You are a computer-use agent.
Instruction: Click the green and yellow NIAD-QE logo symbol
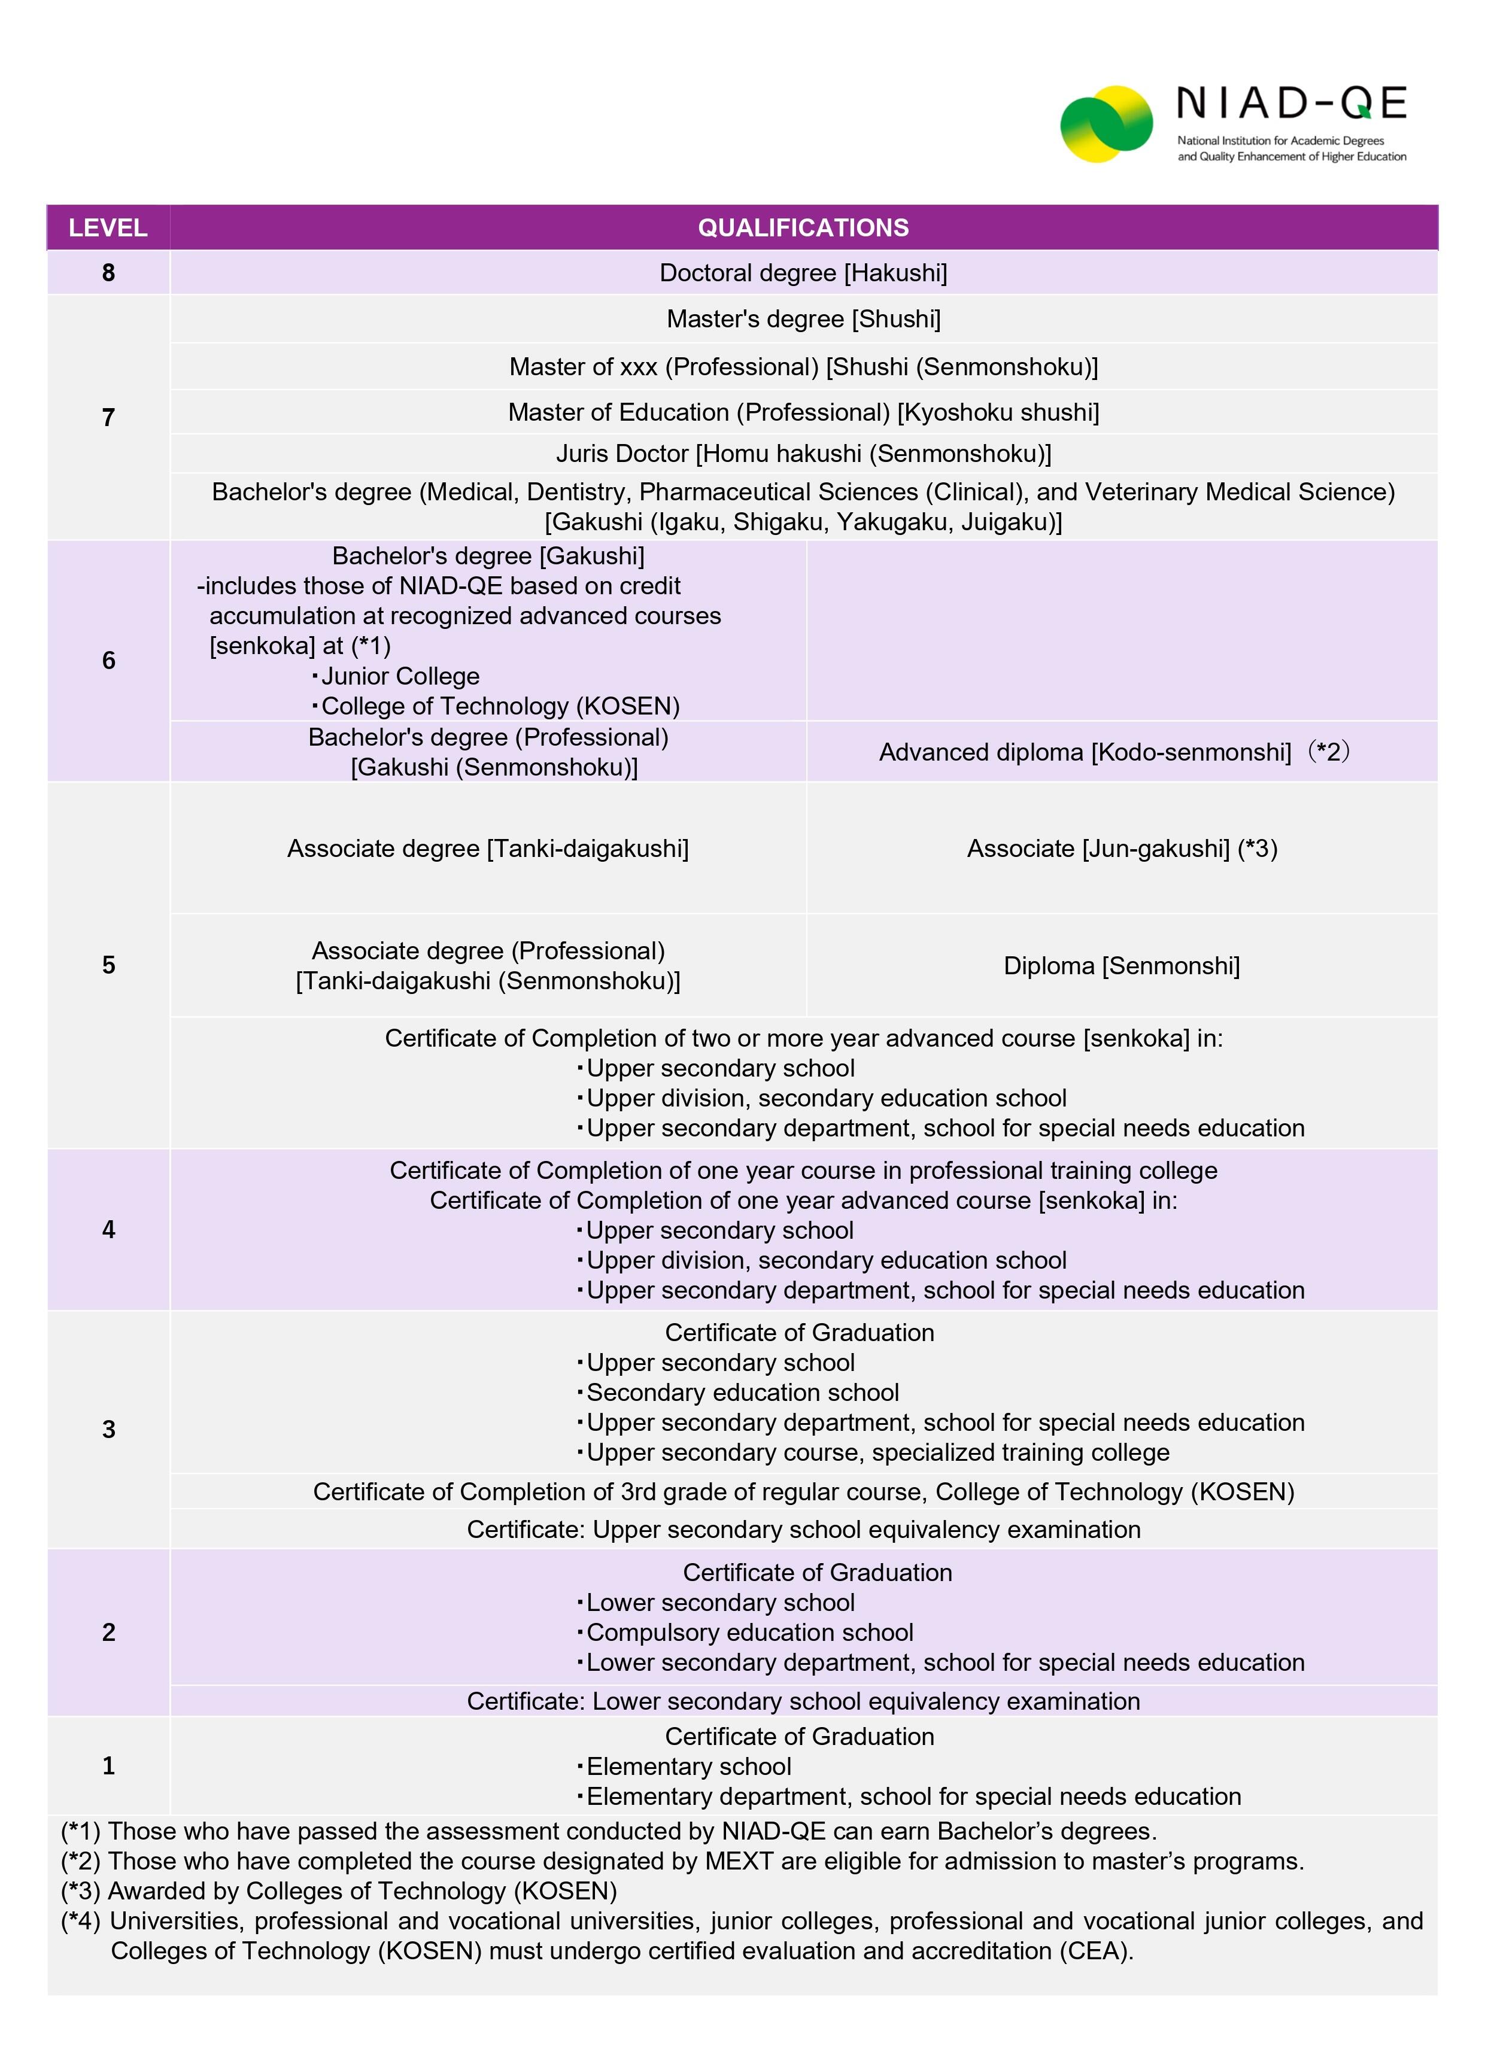coord(1106,124)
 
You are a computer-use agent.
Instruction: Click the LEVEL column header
coord(108,227)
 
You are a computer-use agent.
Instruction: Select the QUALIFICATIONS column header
coord(803,227)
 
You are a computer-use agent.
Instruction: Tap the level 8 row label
coord(108,273)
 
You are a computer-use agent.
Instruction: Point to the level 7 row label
coord(108,417)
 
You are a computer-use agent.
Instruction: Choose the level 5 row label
coord(108,965)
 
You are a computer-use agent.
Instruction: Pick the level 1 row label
coord(108,1765)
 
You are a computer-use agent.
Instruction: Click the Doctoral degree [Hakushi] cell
coord(803,273)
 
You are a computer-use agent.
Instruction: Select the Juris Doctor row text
coord(803,454)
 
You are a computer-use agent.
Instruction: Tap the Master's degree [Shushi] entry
coord(803,319)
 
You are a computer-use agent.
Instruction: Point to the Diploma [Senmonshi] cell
coord(1122,965)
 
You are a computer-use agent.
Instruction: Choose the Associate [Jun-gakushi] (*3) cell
coord(1122,849)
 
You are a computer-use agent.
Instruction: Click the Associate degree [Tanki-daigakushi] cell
coord(488,849)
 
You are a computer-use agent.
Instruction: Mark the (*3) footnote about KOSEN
coord(339,1891)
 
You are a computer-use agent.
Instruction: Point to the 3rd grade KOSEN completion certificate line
coord(803,1492)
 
